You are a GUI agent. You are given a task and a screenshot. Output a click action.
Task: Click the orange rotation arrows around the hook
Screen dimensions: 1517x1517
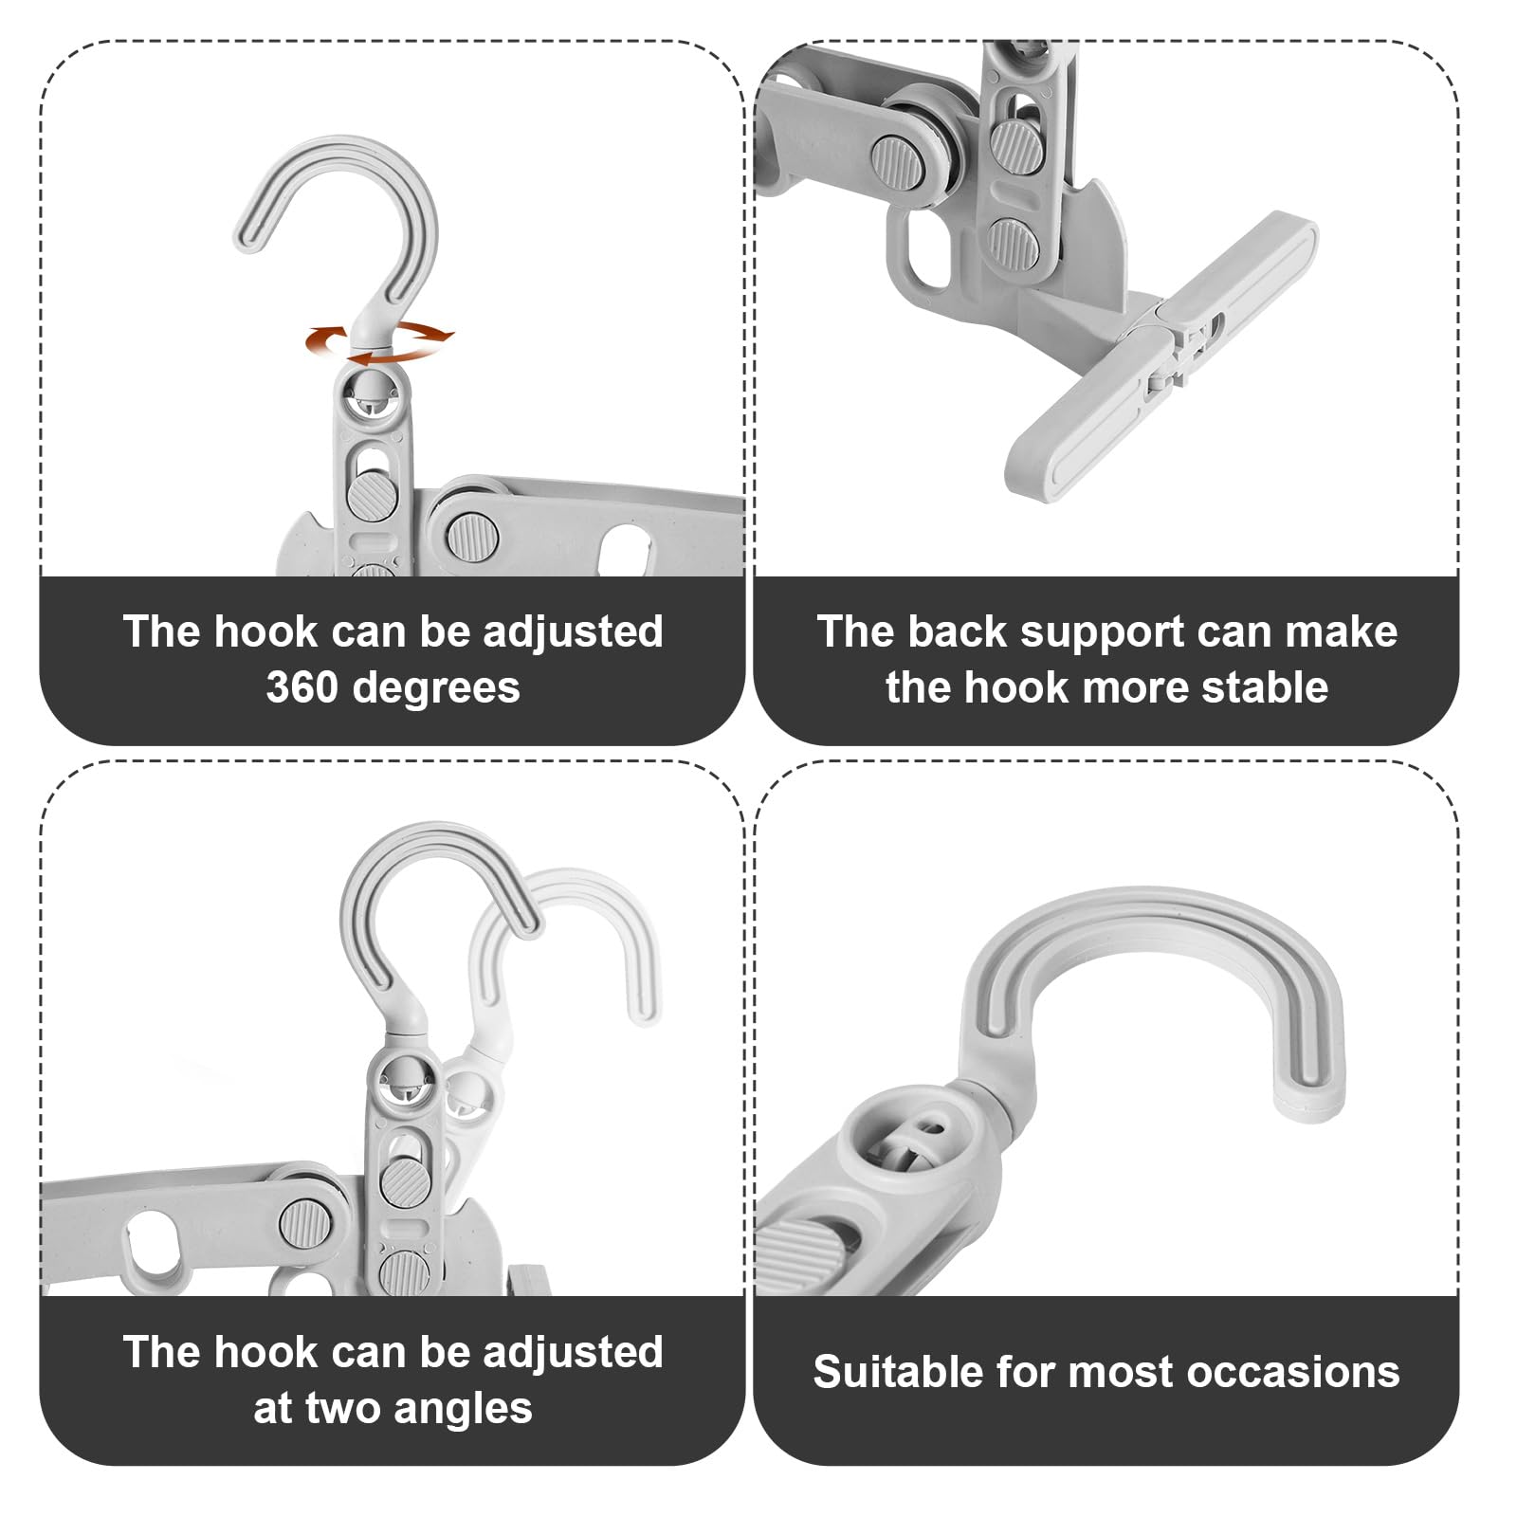tap(379, 341)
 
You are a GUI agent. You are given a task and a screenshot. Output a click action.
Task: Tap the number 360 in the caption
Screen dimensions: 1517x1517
tap(302, 687)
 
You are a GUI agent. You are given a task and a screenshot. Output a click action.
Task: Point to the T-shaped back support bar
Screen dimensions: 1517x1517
tap(1161, 355)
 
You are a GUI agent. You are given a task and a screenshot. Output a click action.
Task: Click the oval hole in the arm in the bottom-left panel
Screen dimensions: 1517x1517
tap(153, 1244)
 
